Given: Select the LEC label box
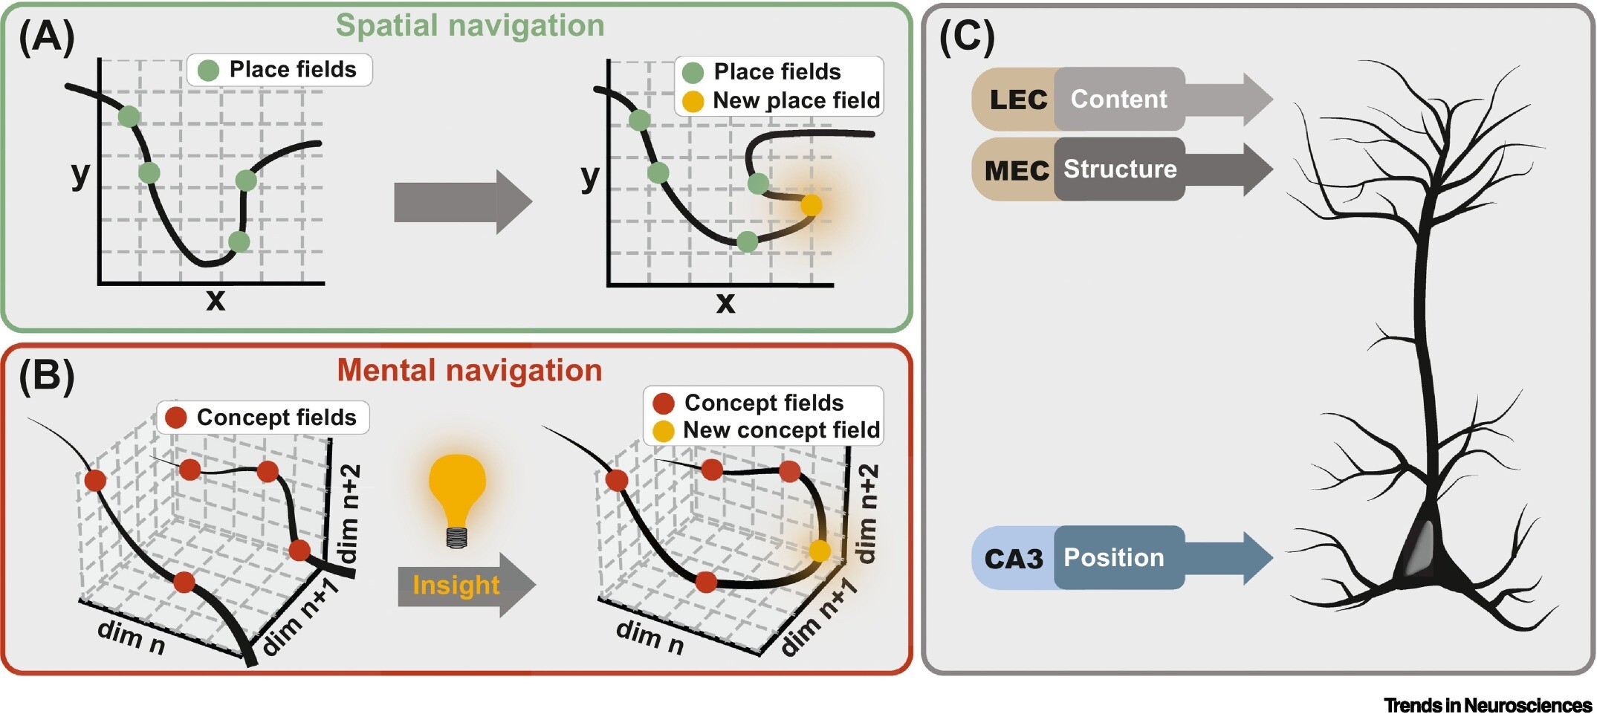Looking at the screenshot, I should (1017, 100).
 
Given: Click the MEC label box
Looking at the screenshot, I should (1016, 170).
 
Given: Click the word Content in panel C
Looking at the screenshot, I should (1118, 99).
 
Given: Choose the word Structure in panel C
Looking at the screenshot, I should (1120, 169).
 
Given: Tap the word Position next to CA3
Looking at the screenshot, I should (1113, 558).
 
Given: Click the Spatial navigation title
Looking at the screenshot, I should (470, 26).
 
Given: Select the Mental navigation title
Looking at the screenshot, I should (470, 371).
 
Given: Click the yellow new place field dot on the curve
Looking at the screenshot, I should (812, 205).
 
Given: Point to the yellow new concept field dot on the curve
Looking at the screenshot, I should (820, 551).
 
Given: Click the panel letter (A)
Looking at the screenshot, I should (47, 37).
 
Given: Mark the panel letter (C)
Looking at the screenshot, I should (967, 37).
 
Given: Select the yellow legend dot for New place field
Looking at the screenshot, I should (693, 101).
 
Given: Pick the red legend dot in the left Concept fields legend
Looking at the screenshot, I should (176, 418).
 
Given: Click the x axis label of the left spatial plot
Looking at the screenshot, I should (216, 299).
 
